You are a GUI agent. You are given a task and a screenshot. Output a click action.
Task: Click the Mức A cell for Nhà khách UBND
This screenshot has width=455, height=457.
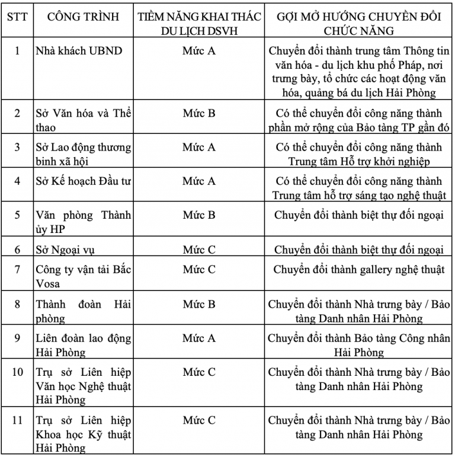pyautogui.click(x=198, y=50)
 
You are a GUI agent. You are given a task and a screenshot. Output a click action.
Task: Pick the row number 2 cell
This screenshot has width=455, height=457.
pyautogui.click(x=17, y=113)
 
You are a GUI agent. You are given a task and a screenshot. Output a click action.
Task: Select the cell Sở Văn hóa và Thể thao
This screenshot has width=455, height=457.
pyautogui.click(x=81, y=119)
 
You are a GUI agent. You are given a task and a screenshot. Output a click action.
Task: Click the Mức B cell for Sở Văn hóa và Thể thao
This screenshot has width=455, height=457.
pyautogui.click(x=198, y=113)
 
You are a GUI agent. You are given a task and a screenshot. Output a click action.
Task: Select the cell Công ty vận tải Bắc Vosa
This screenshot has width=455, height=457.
pyautogui.click(x=81, y=276)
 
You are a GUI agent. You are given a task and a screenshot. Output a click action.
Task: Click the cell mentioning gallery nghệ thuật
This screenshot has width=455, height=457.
pyautogui.click(x=358, y=270)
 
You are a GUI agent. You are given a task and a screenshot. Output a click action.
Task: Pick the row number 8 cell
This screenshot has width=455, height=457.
pyautogui.click(x=17, y=304)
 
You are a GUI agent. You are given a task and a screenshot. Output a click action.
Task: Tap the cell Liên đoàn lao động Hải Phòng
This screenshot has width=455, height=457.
pyautogui.click(x=81, y=345)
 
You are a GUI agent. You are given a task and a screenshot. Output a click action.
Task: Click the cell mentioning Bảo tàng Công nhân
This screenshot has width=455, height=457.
pyautogui.click(x=358, y=345)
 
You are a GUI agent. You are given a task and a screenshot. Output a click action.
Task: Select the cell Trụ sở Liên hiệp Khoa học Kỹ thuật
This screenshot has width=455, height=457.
pyautogui.click(x=81, y=434)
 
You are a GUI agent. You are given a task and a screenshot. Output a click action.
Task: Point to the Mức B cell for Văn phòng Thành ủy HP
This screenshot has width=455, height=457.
pyautogui.click(x=198, y=215)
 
